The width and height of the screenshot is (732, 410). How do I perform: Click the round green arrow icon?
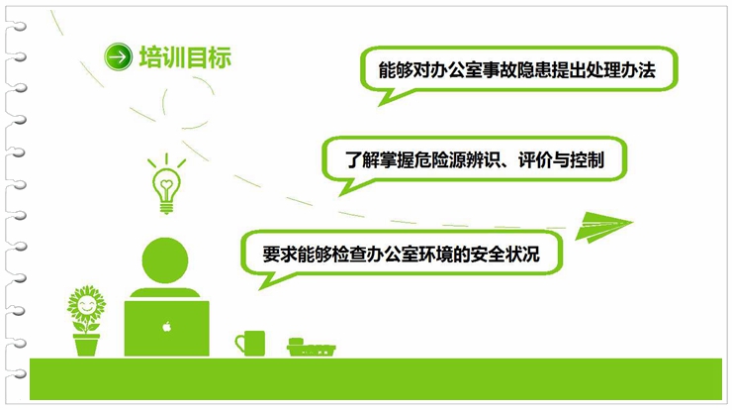tap(118, 57)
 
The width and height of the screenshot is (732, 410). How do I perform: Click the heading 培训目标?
tap(185, 57)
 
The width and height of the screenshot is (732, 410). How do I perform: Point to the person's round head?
tap(165, 260)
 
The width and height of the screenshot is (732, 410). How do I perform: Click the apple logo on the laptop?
tap(166, 327)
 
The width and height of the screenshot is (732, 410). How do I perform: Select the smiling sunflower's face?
tap(86, 306)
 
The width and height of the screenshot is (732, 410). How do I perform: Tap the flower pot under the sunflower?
tap(86, 345)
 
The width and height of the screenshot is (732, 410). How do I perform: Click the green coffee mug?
tap(250, 343)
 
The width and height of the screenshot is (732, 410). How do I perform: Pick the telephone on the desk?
tap(311, 348)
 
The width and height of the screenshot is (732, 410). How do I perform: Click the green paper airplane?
tap(602, 226)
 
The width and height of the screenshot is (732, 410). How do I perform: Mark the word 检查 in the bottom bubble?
tap(349, 255)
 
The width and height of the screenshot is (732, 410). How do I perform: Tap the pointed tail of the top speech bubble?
tap(380, 105)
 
